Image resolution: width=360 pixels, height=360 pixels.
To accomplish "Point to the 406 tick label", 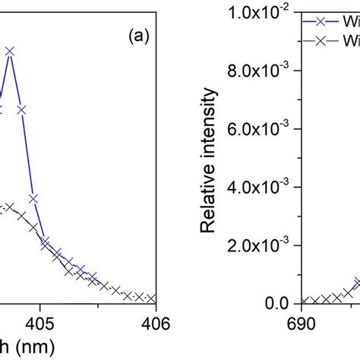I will pyautogui.click(x=155, y=321).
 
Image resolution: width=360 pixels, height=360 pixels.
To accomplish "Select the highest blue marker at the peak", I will pyautogui.click(x=10, y=52).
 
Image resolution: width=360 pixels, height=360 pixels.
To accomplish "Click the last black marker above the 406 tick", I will pyautogui.click(x=152, y=298).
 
